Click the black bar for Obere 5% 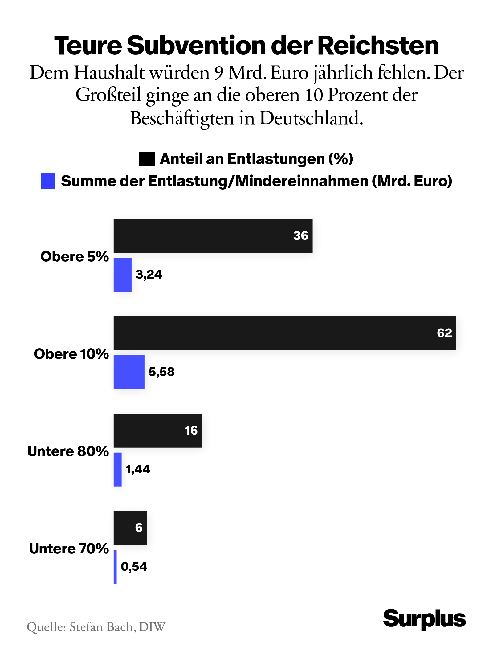[213, 236]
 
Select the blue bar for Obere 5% [122, 275]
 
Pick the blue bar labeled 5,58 [129, 372]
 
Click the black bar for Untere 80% [157, 431]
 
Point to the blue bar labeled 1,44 [117, 469]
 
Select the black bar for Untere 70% [130, 528]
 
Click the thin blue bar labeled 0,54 [115, 567]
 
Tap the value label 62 [444, 333]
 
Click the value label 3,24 [149, 275]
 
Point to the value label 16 [191, 431]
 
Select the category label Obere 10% [71, 354]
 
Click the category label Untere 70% [69, 549]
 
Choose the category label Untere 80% [68, 451]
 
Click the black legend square [147, 159]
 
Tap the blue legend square [48, 181]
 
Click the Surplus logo [424, 619]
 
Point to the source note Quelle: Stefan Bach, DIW [96, 627]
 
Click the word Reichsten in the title [378, 46]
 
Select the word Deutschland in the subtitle [311, 118]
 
